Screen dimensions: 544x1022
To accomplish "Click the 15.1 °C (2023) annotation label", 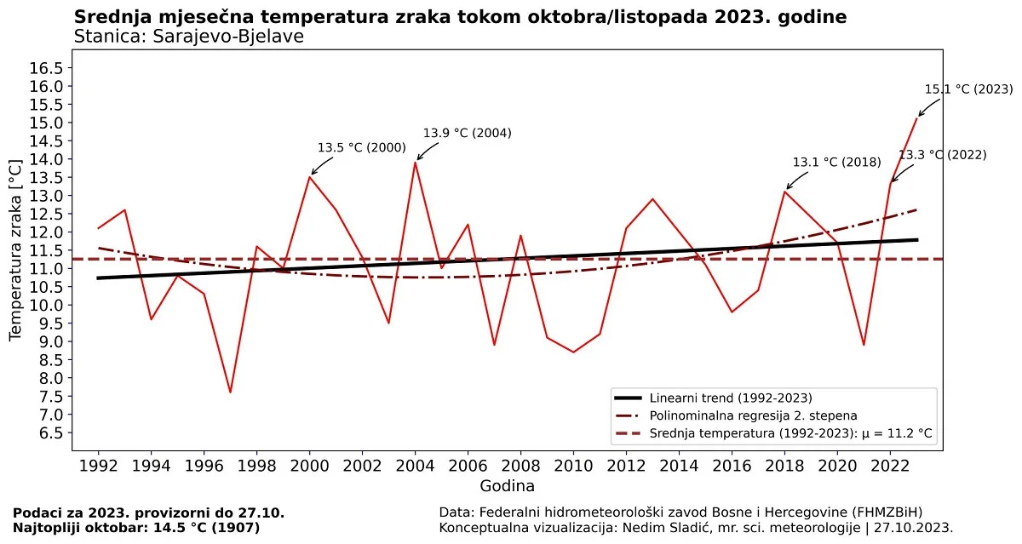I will [968, 89].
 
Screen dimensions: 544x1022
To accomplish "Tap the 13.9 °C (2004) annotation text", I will [468, 133].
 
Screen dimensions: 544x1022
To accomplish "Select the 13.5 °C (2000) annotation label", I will [361, 147].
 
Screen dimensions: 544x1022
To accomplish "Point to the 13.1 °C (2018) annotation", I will [836, 162].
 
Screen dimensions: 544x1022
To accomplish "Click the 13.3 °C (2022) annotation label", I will [942, 155].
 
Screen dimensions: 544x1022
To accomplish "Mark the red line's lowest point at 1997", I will [230, 392].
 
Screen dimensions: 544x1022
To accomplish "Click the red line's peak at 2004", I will [415, 162].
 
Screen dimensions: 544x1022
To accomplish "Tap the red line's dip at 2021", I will [864, 345].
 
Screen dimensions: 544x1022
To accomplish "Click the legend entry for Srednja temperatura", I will [790, 433].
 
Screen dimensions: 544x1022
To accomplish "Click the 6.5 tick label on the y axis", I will [50, 433].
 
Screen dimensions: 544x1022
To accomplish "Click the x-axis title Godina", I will [507, 487].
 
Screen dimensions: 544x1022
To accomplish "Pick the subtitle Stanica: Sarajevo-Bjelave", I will [188, 37].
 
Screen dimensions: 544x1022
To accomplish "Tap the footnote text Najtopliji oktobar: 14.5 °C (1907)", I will [136, 528].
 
